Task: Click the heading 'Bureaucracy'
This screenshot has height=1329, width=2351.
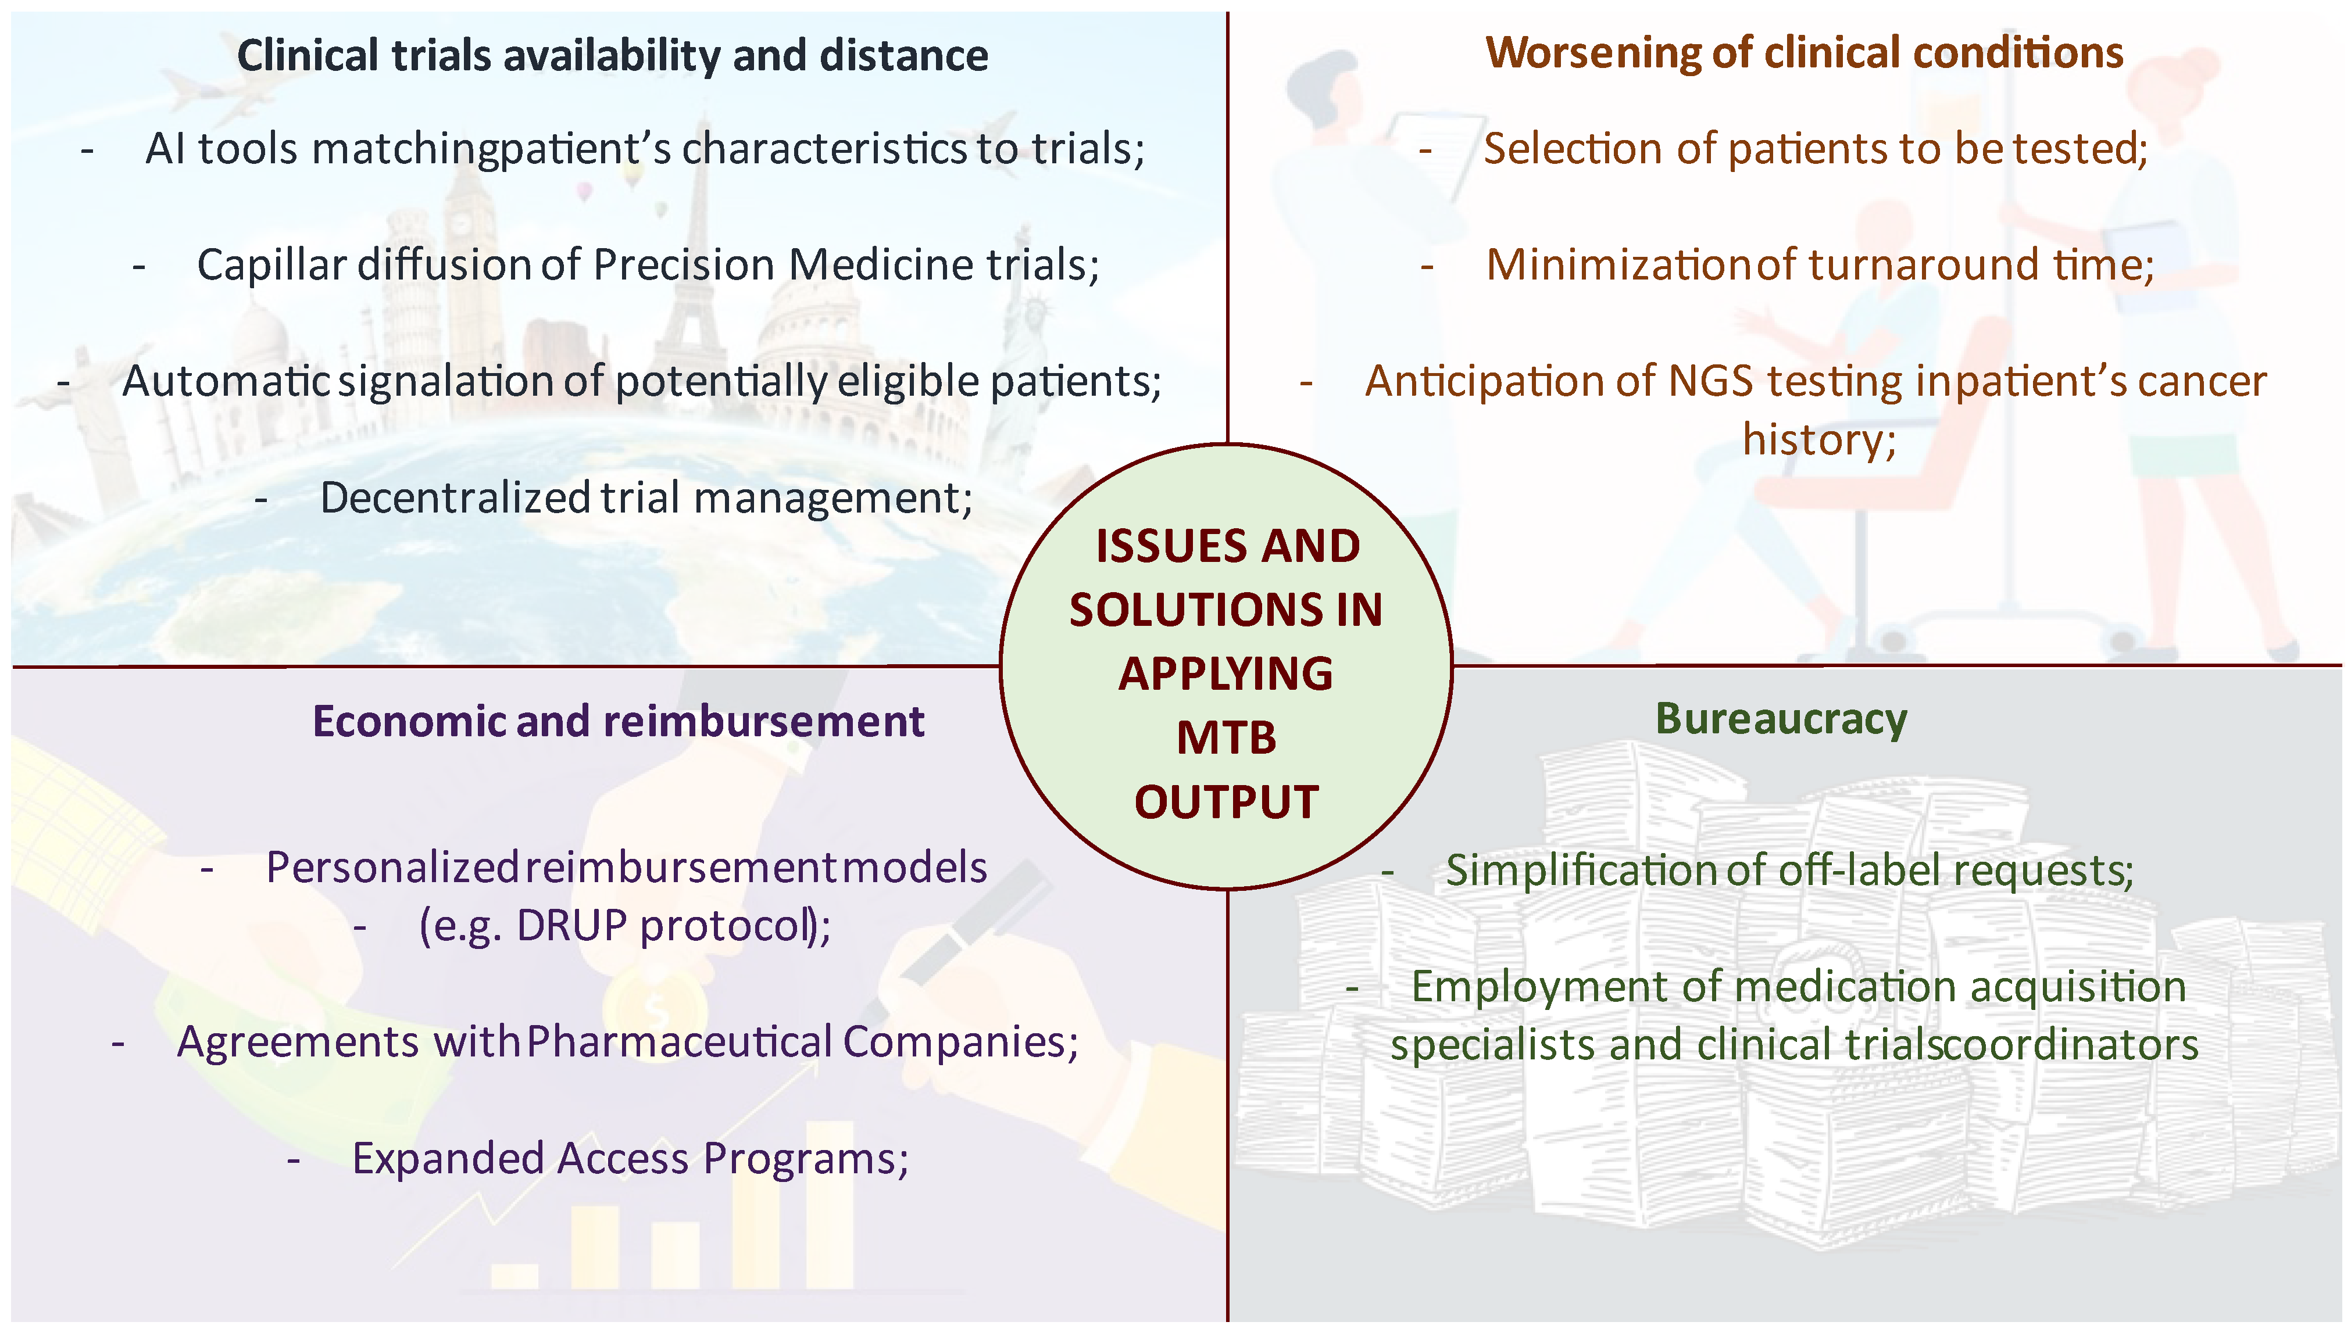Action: (x=1780, y=719)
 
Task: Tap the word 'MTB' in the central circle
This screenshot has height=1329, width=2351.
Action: (x=1225, y=737)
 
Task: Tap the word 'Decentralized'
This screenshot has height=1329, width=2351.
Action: (x=455, y=499)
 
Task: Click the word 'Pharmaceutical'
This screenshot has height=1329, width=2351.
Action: (x=679, y=1041)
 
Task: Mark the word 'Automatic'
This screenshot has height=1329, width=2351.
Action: (x=226, y=382)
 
